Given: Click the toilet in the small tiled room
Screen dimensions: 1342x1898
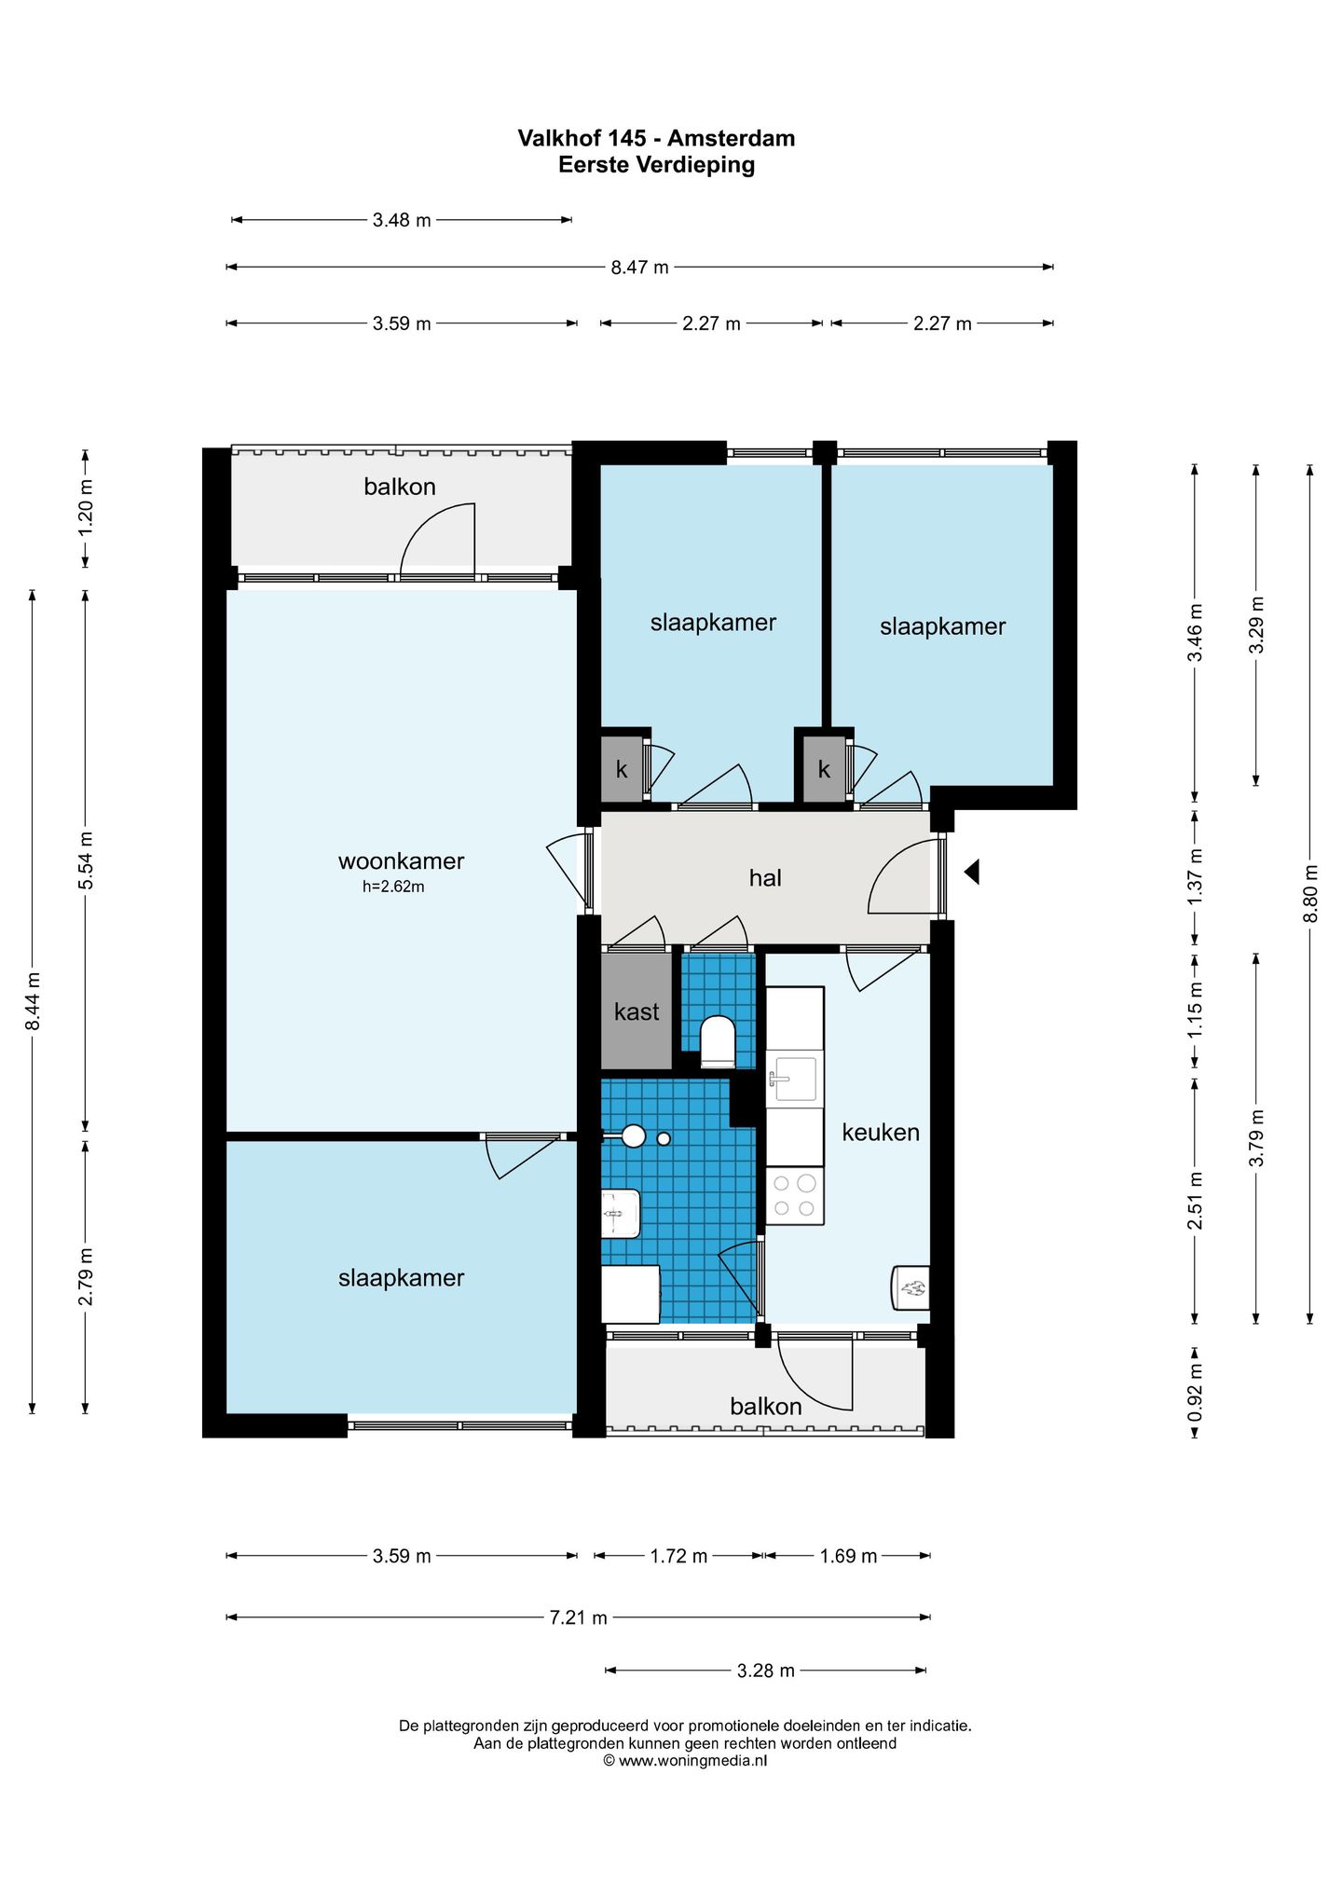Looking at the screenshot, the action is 718,1041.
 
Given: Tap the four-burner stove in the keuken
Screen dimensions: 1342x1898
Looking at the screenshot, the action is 795,1195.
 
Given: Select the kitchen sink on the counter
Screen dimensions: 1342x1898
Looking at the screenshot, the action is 793,1079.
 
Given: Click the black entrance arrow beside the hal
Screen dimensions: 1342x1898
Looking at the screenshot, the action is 971,873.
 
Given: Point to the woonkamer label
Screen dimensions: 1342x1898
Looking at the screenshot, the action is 401,861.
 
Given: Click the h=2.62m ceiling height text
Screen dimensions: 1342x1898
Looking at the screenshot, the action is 393,887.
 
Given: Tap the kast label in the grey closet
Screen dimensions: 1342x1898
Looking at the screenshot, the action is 637,1011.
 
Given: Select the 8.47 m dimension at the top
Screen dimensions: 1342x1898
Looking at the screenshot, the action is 639,268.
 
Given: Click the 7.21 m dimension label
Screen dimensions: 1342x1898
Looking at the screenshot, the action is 578,1617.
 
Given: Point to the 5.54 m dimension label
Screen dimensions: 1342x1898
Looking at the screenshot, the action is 86,860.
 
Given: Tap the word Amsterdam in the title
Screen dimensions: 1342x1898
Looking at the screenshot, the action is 731,138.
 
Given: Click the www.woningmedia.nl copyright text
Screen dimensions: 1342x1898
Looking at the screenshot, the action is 685,1761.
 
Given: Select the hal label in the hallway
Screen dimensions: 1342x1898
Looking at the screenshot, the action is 765,877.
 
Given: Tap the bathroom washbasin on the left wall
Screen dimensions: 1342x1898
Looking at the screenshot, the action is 621,1214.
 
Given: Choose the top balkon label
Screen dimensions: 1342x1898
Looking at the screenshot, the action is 400,487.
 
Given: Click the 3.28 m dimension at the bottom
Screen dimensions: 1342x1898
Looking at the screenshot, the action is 766,1671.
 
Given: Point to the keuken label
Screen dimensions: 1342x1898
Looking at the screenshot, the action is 881,1133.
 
